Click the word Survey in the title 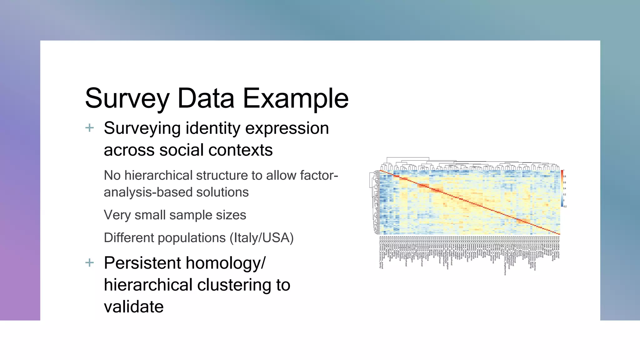127,98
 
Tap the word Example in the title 295,98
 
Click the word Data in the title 206,98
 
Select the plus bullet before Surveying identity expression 90,128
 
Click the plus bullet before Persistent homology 90,263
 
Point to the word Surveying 142,128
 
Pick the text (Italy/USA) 262,238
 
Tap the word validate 133,307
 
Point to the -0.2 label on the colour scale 565,207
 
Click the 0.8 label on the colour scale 565,177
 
